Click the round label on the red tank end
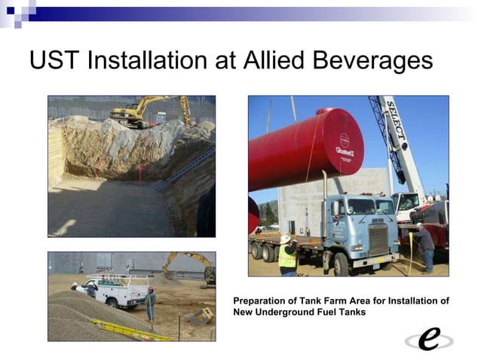(x=344, y=142)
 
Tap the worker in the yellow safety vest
(x=287, y=255)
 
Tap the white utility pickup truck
(x=112, y=290)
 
